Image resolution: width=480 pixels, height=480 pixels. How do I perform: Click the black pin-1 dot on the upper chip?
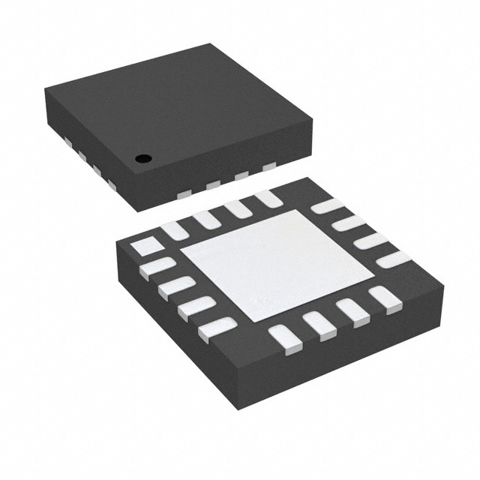pyautogui.click(x=142, y=158)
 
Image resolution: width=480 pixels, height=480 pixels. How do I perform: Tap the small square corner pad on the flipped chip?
pyautogui.click(x=145, y=246)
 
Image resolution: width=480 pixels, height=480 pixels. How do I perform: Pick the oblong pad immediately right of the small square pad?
pyautogui.click(x=174, y=230)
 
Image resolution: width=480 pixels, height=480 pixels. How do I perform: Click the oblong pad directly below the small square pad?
pyautogui.click(x=157, y=267)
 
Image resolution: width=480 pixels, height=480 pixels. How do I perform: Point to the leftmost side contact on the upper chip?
pyautogui.click(x=65, y=141)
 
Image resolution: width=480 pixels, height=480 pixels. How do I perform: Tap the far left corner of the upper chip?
pyautogui.click(x=44, y=90)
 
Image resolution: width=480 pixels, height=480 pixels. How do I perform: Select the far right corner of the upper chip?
pyautogui.click(x=312, y=118)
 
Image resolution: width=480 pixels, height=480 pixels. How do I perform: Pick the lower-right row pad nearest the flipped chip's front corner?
pyautogui.click(x=285, y=339)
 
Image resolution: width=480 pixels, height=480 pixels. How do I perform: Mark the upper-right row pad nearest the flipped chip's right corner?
pyautogui.click(x=393, y=259)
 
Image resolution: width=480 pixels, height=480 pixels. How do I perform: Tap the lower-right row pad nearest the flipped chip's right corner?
pyautogui.click(x=385, y=298)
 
